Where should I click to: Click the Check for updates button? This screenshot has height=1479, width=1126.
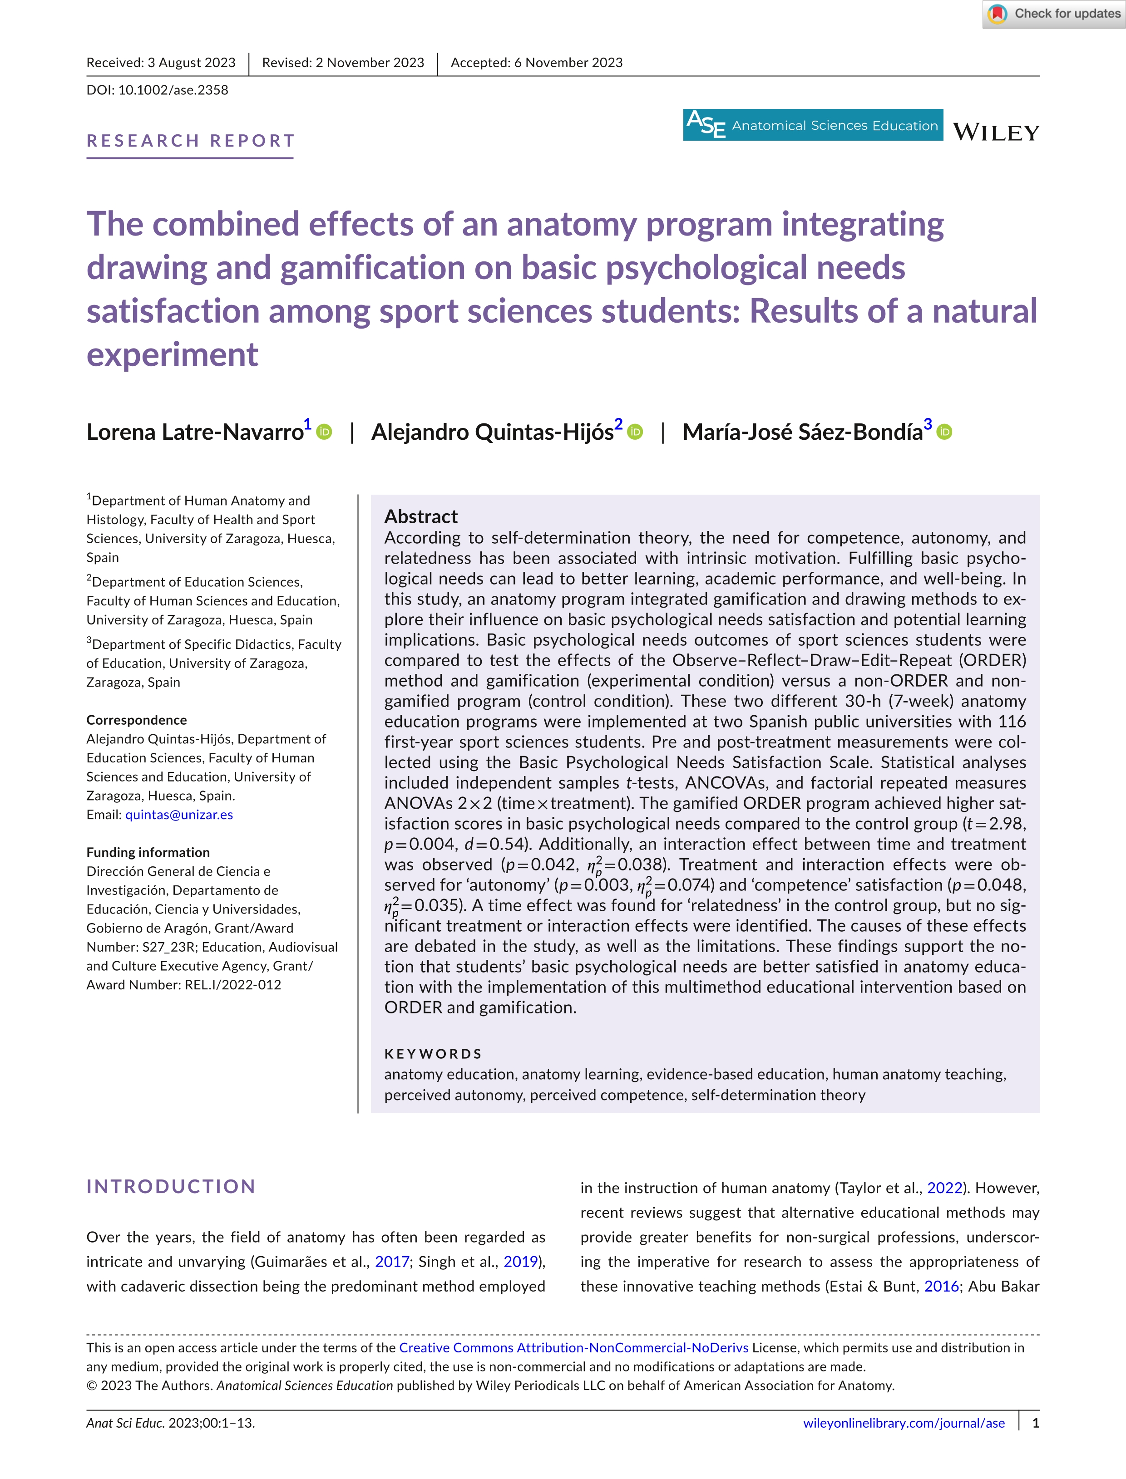(1054, 14)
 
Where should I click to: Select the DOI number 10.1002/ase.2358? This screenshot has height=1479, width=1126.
(173, 90)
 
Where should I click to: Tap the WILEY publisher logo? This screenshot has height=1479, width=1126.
(996, 132)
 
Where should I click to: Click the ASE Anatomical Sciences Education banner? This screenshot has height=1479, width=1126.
(812, 125)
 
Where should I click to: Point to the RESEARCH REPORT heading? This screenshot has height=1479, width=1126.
(190, 141)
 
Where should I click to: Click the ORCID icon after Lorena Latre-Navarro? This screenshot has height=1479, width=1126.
(324, 432)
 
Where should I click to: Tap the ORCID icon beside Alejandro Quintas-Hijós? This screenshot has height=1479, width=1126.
(635, 432)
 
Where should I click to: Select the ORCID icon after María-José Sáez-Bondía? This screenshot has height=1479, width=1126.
(944, 432)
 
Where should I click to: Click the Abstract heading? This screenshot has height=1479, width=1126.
(421, 516)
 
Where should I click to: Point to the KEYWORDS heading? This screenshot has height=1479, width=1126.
(433, 1054)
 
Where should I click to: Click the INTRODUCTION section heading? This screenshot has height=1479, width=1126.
(171, 1186)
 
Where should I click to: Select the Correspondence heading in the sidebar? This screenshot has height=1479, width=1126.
(137, 720)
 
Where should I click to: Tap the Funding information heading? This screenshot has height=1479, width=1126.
(148, 852)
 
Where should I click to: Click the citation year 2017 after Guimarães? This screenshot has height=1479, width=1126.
(392, 1262)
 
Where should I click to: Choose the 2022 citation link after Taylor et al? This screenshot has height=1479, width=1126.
(944, 1188)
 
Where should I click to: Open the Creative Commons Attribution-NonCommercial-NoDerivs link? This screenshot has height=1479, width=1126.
(574, 1348)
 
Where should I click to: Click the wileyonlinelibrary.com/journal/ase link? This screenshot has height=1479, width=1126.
(904, 1423)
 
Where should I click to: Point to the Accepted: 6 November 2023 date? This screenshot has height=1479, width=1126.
(536, 62)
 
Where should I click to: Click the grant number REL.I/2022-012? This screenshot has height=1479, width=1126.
(232, 985)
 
